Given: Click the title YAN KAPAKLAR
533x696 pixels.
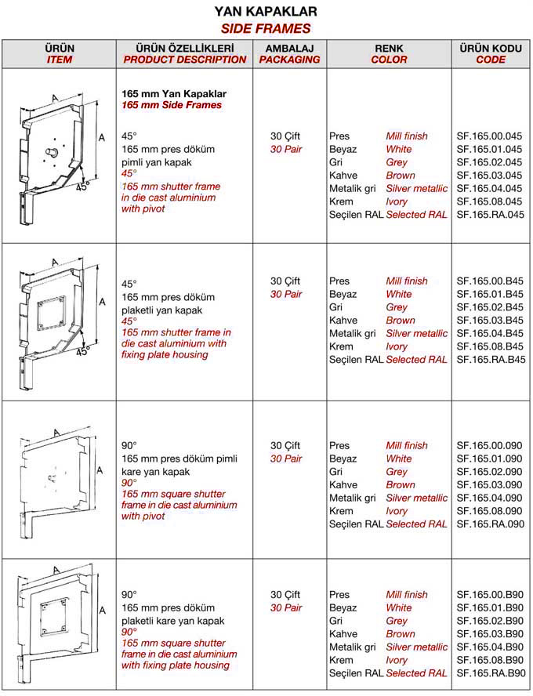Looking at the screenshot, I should tap(266, 12).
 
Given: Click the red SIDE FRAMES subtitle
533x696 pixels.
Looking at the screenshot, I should tap(266, 28).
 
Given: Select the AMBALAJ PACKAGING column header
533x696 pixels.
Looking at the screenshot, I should tap(290, 53).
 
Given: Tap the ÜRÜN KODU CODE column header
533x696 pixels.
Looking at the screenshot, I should tap(491, 53).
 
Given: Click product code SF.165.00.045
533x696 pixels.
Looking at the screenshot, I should tap(489, 136).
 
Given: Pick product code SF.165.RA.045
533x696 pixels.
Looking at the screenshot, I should tap(489, 215).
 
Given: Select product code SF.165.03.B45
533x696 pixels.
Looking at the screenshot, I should tap(489, 321).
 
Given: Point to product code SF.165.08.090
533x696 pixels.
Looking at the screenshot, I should tap(489, 511).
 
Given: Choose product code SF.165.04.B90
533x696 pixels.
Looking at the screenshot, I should tap(489, 647).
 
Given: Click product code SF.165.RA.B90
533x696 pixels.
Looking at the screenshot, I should tap(489, 673).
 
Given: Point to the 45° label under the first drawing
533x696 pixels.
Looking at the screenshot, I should tap(82, 187).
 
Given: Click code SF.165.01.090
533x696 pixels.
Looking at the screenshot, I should tap(489, 459).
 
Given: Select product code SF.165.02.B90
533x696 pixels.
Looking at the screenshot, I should tap(489, 621).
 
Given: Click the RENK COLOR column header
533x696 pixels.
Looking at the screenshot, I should tap(389, 53).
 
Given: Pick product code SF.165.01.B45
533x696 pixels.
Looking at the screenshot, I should tap(489, 294).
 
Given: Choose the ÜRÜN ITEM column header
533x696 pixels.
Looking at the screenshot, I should tap(60, 53).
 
